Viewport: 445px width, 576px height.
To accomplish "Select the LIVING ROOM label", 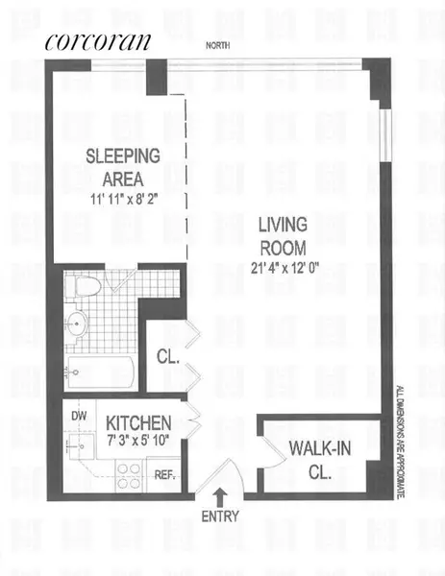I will click(x=282, y=236).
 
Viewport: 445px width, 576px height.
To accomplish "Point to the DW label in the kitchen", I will click(x=78, y=416).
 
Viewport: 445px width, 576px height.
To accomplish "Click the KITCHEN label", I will click(x=138, y=422).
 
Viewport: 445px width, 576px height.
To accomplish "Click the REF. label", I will click(x=165, y=473).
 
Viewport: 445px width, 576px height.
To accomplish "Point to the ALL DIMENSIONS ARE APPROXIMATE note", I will click(x=401, y=441).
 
